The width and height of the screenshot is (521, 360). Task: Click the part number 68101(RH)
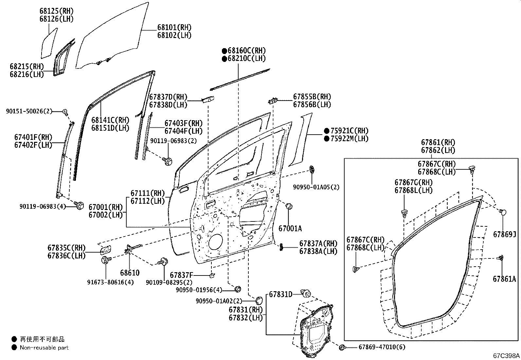pos(174,28)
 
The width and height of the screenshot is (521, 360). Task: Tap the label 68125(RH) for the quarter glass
pos(56,11)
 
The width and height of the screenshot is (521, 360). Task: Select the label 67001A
pos(290,229)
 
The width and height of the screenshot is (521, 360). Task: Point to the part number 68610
pos(130,273)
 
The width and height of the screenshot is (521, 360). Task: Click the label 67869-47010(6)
pos(382,347)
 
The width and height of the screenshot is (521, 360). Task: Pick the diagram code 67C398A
pos(506,355)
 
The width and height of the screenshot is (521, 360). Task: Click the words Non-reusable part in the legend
pos(44,348)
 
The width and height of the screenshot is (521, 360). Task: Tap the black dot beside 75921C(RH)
pos(327,131)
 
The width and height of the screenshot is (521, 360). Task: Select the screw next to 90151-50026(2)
pos(65,112)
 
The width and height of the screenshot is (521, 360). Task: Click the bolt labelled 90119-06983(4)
pos(79,205)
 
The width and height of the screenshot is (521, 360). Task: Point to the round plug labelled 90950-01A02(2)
pos(259,300)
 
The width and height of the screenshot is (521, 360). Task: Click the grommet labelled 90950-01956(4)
pos(238,289)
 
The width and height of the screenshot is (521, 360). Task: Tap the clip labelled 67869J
pos(503,212)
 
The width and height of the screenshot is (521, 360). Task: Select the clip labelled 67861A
pos(500,258)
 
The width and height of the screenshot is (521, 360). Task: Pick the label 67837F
pos(181,275)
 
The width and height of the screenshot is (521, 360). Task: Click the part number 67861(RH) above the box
pos(438,142)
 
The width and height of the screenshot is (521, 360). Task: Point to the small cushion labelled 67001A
pos(289,206)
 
